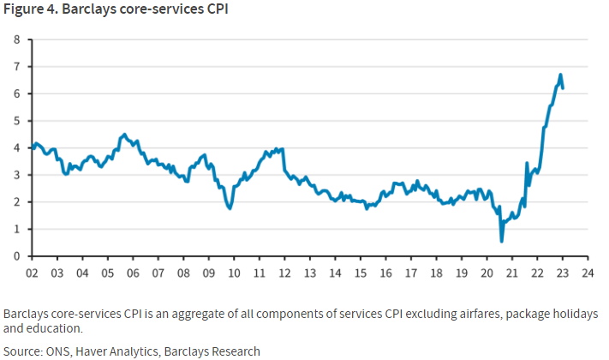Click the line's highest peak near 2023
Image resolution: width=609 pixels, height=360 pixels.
560,75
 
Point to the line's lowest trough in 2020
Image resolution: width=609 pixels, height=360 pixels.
502,241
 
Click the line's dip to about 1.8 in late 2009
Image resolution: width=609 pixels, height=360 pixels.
230,208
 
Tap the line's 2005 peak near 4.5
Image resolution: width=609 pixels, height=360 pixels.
124,135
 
